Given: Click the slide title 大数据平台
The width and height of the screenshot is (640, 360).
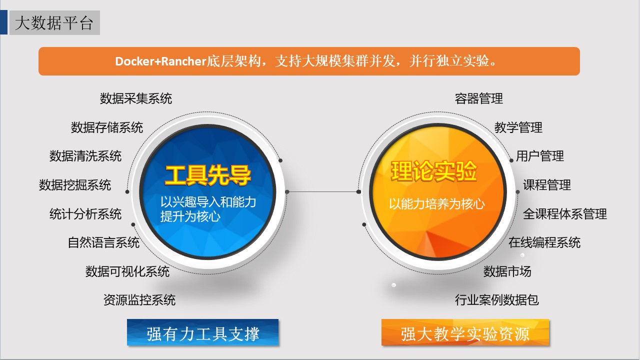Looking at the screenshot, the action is [54, 23].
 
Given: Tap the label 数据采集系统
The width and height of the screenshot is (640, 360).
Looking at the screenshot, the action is [135, 98].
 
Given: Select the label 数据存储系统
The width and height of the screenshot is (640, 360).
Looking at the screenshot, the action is [107, 127].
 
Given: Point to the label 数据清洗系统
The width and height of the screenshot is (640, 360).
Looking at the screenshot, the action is [85, 156].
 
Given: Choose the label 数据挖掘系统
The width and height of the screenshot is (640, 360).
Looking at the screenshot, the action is [75, 185].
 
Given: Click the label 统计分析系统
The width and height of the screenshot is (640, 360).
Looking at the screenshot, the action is [85, 214].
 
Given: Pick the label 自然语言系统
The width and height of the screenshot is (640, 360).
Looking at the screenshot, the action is [103, 242].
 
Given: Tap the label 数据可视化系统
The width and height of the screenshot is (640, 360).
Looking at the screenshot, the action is [127, 271].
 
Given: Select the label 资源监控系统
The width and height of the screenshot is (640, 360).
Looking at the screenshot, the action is [139, 300].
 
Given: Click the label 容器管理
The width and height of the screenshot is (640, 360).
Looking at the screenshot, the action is [479, 98].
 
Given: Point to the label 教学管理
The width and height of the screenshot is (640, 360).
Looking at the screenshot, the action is [518, 127].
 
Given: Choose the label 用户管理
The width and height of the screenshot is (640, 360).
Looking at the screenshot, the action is [540, 156].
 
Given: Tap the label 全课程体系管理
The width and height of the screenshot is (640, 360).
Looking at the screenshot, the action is [565, 214].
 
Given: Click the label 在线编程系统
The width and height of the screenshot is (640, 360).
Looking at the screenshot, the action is [544, 242].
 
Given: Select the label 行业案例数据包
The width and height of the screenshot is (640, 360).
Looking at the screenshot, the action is [497, 300].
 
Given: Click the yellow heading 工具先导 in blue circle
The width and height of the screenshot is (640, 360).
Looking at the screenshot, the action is [208, 175].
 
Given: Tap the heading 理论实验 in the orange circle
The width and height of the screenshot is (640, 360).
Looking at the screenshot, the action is [433, 171].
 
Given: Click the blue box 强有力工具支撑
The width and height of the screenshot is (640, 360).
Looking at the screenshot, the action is [203, 332].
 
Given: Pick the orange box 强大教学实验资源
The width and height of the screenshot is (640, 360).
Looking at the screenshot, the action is [465, 332].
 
